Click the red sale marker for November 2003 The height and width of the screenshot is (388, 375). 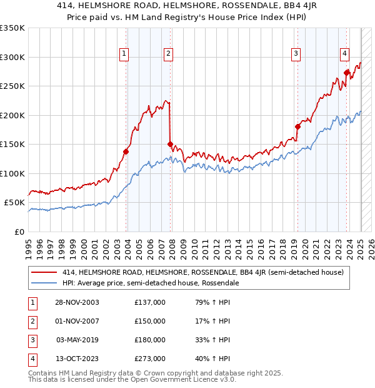tap(126, 151)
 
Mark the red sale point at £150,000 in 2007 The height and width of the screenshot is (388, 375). tap(170, 144)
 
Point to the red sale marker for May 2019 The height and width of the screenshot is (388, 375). tap(297, 126)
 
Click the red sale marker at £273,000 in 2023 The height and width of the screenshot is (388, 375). tap(346, 73)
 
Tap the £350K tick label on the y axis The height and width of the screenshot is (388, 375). tap(12, 28)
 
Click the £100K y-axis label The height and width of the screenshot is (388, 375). tap(12, 173)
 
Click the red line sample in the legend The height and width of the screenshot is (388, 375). tap(44, 273)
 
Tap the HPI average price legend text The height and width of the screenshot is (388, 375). tap(151, 283)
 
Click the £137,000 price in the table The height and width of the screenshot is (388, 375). tap(149, 302)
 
